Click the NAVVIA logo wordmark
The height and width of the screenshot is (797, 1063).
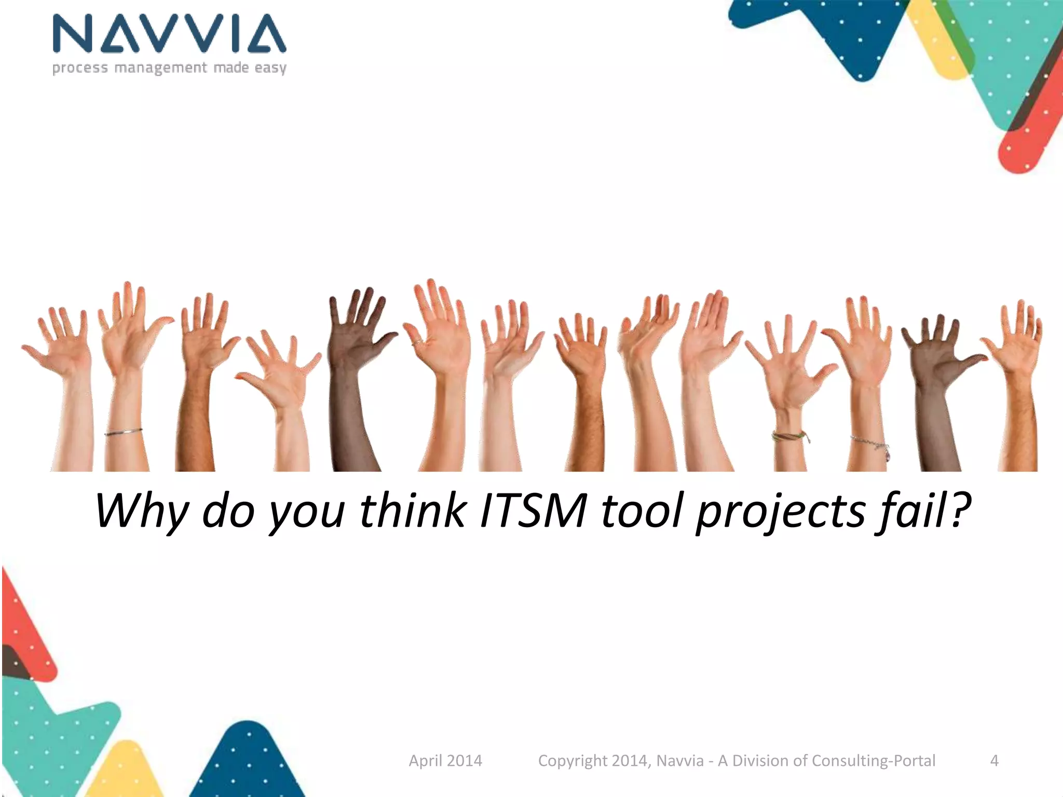[x=169, y=34]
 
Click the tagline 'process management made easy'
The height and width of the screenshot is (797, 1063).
[x=169, y=68]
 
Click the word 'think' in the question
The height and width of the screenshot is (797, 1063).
[x=412, y=511]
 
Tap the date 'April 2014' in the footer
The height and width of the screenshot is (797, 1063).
[x=445, y=760]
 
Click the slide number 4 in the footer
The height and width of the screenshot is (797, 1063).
[x=994, y=760]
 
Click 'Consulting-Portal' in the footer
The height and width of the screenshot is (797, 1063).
[x=873, y=760]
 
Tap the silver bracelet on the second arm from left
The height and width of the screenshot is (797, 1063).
[x=124, y=432]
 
